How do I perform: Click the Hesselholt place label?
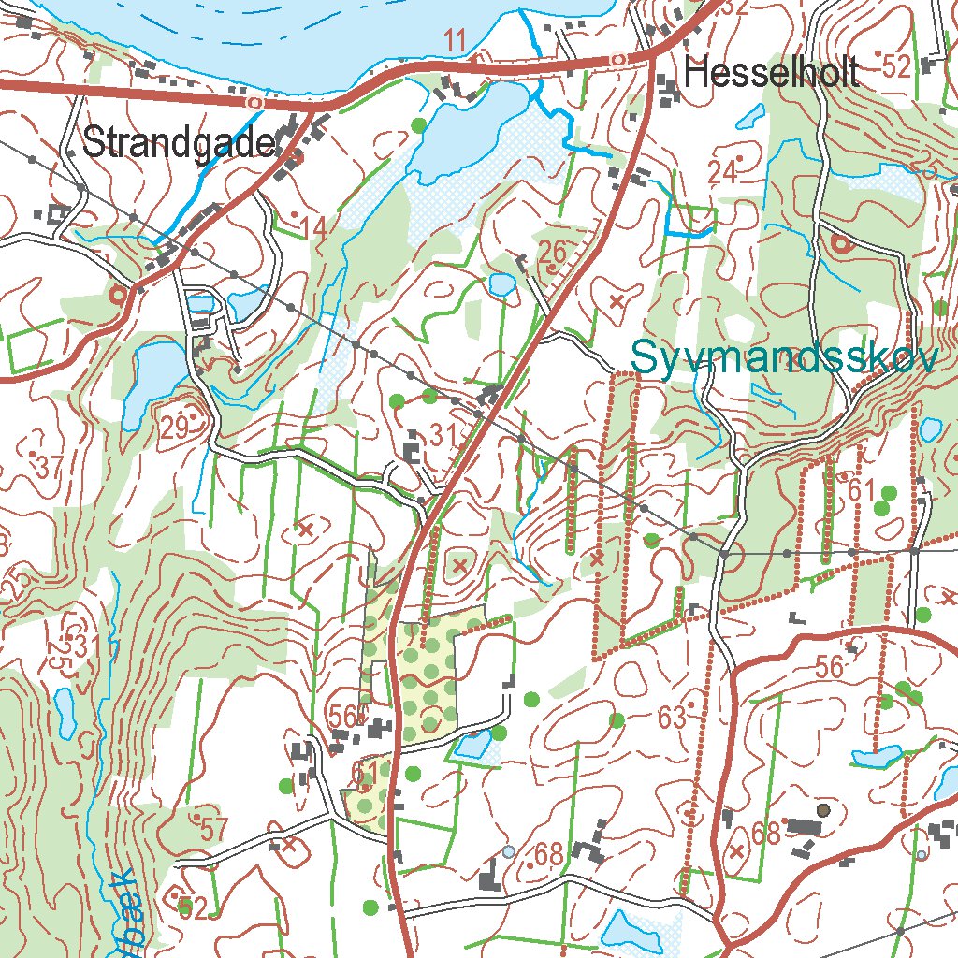pos(771,73)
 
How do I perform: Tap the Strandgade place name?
pos(179,143)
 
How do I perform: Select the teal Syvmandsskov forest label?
pos(783,357)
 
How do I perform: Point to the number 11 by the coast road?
pos(456,41)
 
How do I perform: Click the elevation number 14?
pos(315,227)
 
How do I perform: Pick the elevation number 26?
pos(553,251)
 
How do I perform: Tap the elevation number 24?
pos(722,172)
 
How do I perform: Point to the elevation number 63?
pos(672,718)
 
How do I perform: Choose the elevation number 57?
pos(213,828)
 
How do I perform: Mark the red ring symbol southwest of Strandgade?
pos(118,295)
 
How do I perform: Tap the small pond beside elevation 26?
pos(501,283)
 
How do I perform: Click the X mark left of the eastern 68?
pos(736,850)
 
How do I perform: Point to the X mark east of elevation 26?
pos(616,301)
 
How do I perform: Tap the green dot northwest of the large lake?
pos(418,123)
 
